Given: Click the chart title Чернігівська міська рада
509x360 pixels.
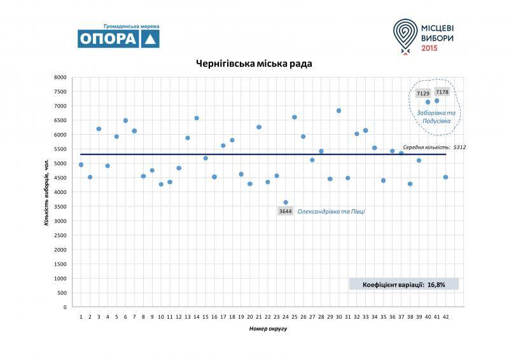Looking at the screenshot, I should coord(254,64).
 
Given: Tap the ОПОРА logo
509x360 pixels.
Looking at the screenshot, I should coord(118,38).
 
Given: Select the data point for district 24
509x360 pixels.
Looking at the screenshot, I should coord(286,202).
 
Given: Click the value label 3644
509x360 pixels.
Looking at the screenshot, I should coord(286,211).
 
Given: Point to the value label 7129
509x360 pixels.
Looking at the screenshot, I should coord(422,93).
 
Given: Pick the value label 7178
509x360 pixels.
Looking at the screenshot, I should coord(442,92).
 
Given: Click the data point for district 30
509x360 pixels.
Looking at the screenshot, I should coord(338,111).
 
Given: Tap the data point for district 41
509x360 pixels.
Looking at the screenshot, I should coord(436,100).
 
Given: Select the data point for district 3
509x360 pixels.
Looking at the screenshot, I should coord(99,129).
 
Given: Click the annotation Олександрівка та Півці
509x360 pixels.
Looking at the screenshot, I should coord(331,211).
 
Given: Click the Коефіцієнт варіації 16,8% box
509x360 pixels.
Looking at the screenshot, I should coord(403,284).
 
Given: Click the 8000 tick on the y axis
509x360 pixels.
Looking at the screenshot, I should coord(60,78).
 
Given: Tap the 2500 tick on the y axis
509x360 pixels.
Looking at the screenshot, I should coord(60,235).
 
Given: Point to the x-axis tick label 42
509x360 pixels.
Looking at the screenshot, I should coord(445,316).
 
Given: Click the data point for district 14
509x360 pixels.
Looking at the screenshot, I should coord(197,118).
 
